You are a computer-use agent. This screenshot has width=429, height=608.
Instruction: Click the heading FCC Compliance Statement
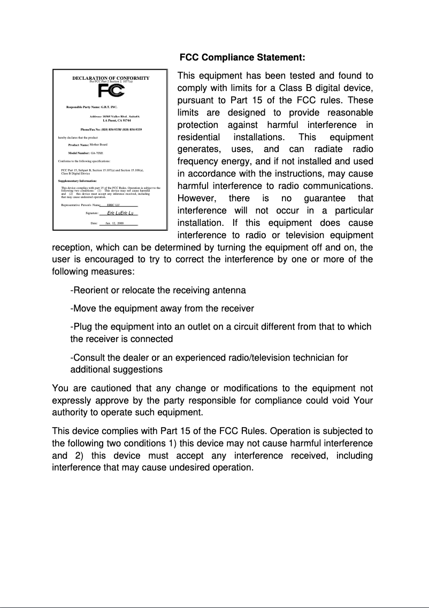pos(242,57)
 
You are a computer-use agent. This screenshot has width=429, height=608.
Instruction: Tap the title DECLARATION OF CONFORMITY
pos(111,78)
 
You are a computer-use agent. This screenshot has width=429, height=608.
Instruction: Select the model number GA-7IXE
pos(97,153)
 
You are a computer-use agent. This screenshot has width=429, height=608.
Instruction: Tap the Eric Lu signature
pos(120,213)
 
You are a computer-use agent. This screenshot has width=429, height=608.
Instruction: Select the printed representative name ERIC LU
pos(113,204)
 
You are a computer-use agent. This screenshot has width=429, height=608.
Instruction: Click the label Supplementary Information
pos(77,181)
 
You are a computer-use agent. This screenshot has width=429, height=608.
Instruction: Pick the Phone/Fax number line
pos(111,130)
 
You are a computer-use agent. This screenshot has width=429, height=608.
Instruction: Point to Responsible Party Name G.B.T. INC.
pos(91,108)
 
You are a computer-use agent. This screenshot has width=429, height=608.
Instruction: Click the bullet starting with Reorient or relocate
pos(158,290)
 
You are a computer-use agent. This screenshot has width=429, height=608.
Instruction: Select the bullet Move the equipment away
pos(162,308)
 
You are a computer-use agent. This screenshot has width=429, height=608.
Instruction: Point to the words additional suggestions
pos(116,369)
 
